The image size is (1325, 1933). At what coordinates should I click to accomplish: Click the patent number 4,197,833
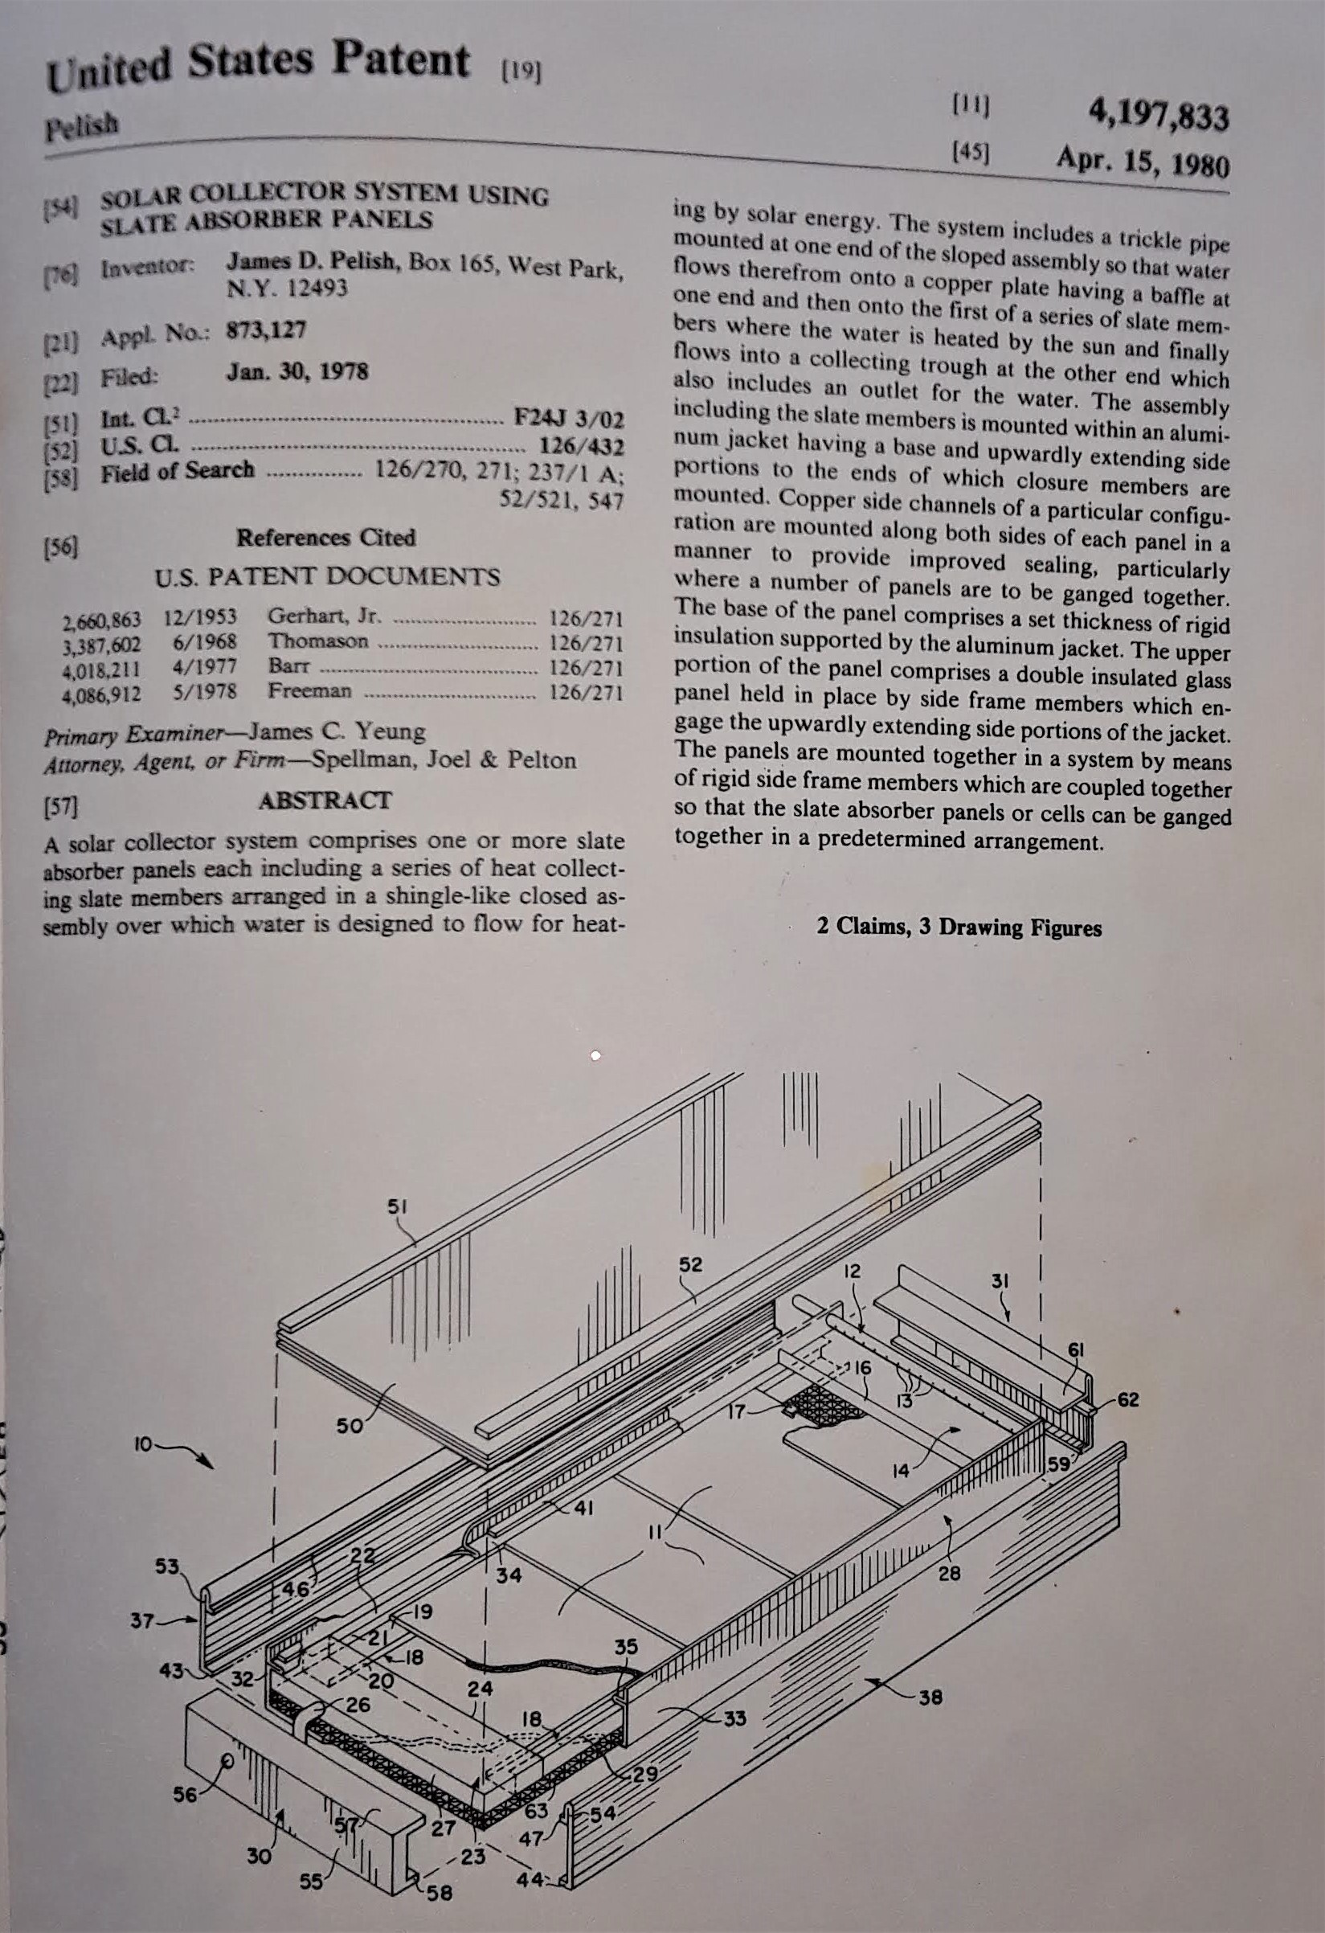(1158, 118)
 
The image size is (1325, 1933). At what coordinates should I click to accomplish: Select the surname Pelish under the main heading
(81, 127)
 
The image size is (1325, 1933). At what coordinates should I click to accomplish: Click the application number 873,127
(266, 330)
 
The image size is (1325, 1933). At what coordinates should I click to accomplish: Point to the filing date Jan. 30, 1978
(297, 371)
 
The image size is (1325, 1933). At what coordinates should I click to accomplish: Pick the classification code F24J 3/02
(569, 416)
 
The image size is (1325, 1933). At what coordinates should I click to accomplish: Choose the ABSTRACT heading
(325, 801)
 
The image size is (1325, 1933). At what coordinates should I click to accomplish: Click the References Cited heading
(325, 538)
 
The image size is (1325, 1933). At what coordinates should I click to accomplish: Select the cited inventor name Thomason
(317, 641)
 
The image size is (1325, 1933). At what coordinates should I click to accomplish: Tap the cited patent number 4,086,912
(101, 693)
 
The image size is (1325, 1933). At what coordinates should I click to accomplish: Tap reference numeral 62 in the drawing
(1128, 1399)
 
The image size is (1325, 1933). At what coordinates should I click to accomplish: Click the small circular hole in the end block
(226, 1736)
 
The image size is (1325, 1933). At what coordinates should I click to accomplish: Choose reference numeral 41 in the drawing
(584, 1507)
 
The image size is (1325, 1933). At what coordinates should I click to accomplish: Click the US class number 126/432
(582, 446)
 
